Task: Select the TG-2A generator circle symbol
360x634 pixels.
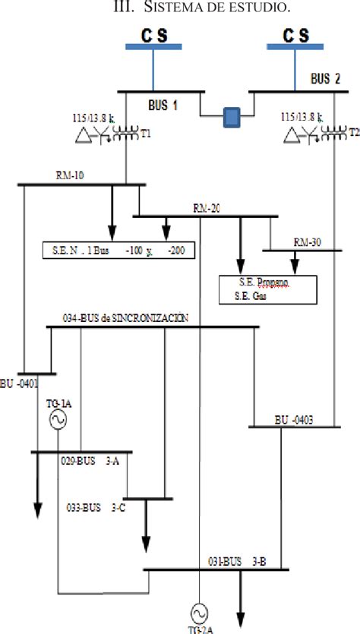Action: click(199, 611)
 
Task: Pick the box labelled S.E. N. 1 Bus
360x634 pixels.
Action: click(118, 250)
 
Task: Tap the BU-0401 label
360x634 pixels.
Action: click(17, 383)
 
